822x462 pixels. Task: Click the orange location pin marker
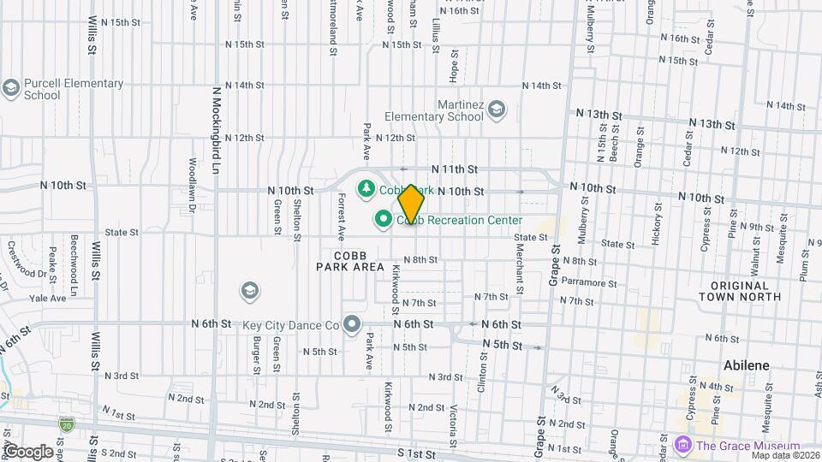click(x=411, y=204)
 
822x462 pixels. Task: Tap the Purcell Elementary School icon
click(x=11, y=89)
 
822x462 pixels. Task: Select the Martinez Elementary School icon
click(x=497, y=110)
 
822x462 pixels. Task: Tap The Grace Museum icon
click(x=682, y=446)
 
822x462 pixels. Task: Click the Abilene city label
click(x=746, y=365)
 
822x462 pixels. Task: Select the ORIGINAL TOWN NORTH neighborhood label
click(x=740, y=291)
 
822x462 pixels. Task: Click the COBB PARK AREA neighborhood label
click(x=350, y=261)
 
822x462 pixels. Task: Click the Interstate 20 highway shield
click(x=67, y=423)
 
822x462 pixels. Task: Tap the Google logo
click(x=27, y=451)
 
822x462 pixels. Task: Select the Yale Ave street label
click(x=48, y=299)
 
